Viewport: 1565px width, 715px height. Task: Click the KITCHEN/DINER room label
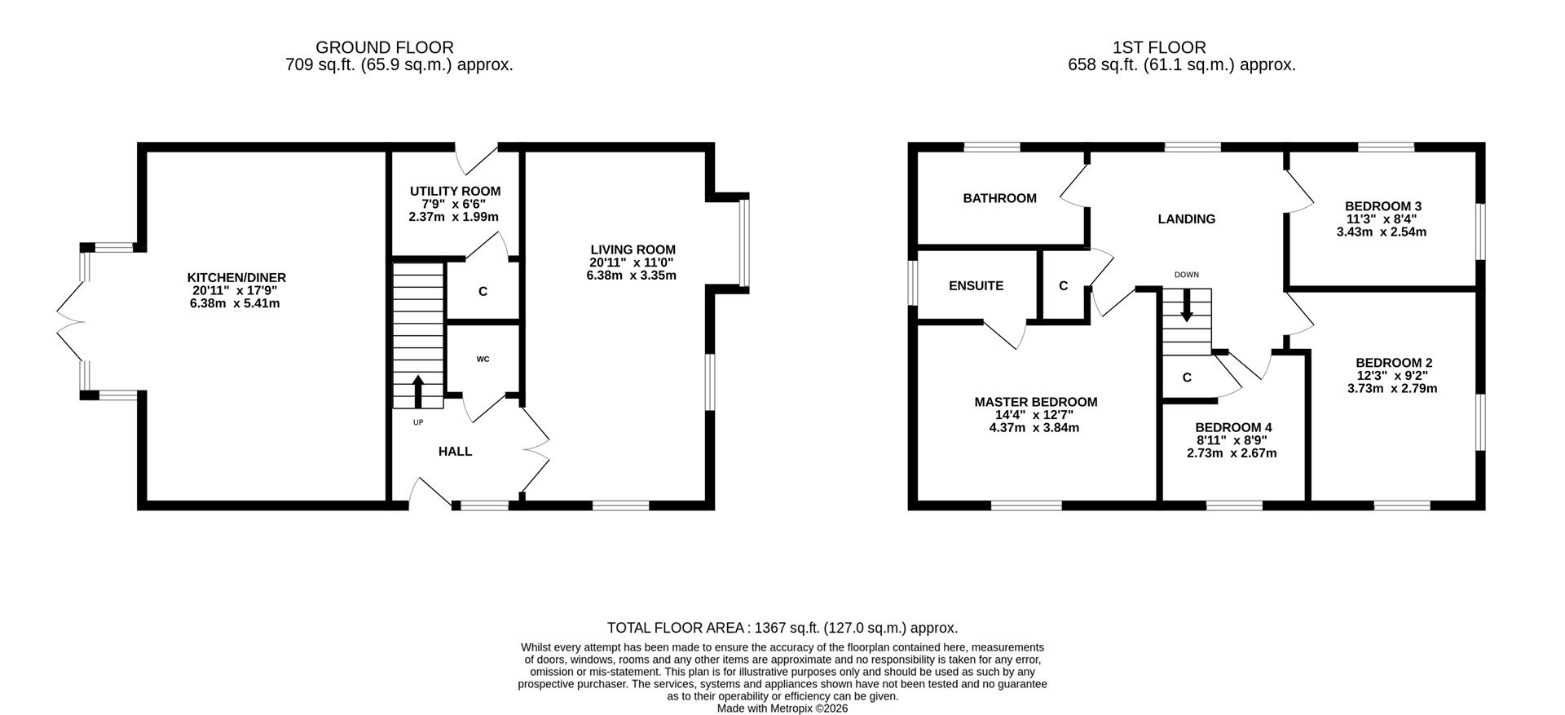point(236,278)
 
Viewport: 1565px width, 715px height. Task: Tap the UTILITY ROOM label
point(455,192)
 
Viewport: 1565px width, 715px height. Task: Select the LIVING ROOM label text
point(633,249)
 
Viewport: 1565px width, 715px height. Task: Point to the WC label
point(483,360)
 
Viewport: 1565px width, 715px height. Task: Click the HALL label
point(455,452)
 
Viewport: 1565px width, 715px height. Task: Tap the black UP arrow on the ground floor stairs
point(418,391)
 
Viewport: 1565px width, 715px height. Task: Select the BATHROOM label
point(999,198)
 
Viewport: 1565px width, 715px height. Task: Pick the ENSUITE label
point(976,286)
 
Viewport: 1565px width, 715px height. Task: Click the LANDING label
point(1187,219)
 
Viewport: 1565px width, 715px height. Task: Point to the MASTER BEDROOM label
point(1036,402)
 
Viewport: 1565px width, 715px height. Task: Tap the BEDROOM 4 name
point(1233,427)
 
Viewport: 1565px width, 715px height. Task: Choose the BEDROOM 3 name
point(1383,206)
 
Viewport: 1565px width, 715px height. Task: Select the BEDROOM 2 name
point(1394,363)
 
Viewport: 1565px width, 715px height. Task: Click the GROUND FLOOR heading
point(385,48)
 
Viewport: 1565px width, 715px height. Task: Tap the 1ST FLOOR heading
point(1159,48)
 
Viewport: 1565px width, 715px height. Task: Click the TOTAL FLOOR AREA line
point(782,628)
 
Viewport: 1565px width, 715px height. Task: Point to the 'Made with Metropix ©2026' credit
point(782,708)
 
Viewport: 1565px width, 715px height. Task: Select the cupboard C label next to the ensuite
point(1063,286)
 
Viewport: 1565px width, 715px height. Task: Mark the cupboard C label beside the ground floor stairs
point(483,291)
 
